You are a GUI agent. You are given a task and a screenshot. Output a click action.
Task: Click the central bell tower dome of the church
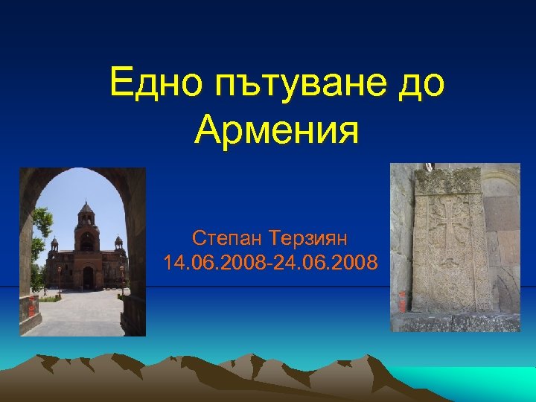[x=86, y=212]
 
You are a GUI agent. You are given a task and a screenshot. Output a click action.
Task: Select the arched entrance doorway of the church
[x=88, y=277]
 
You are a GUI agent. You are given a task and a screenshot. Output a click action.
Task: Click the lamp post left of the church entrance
[x=60, y=280]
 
